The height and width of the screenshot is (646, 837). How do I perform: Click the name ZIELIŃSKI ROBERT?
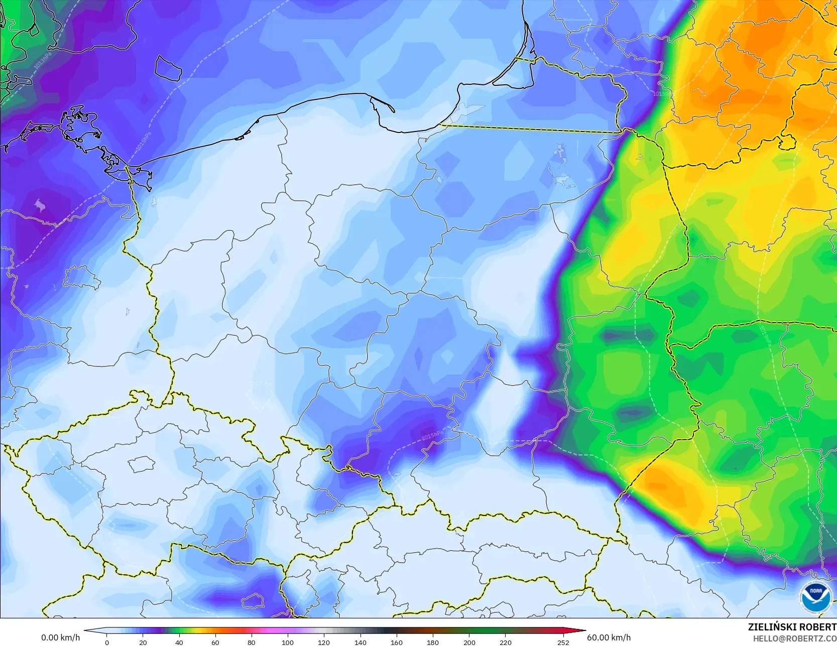(x=792, y=627)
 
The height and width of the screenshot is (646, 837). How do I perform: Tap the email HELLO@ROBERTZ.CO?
(x=794, y=638)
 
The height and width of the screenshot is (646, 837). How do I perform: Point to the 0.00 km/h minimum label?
(x=60, y=637)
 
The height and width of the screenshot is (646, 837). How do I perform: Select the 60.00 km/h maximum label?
(x=609, y=637)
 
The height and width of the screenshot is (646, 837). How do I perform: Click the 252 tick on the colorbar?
(x=563, y=642)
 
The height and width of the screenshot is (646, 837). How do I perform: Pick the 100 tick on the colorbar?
(x=288, y=642)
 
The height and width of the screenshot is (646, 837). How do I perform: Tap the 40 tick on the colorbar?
(x=179, y=642)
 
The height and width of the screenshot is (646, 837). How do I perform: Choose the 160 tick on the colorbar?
(x=397, y=642)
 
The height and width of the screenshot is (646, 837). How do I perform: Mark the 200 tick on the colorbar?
(x=469, y=642)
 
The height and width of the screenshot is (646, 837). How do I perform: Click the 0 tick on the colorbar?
(x=107, y=642)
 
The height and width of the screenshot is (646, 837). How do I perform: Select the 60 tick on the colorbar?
(x=215, y=642)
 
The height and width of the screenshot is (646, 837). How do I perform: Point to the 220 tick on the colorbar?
(x=505, y=642)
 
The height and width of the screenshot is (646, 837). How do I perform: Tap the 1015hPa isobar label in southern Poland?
(x=432, y=435)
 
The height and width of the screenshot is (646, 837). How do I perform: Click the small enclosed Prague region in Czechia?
(x=141, y=464)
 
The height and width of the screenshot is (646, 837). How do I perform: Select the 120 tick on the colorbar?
(x=324, y=642)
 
